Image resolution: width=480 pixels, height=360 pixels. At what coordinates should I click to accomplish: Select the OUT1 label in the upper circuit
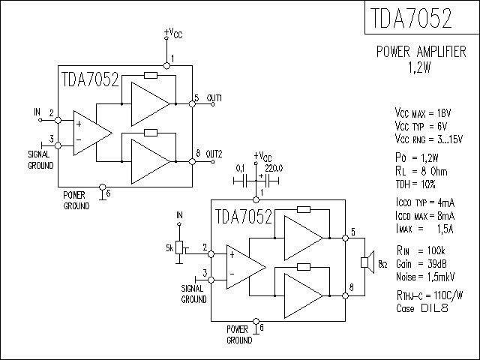(214, 99)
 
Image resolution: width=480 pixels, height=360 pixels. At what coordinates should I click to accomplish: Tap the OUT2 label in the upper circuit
(214, 154)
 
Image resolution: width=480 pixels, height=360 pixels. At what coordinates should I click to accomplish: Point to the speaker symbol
(367, 262)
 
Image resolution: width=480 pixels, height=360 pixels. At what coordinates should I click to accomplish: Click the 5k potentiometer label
(169, 247)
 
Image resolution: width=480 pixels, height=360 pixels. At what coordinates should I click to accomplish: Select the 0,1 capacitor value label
(241, 168)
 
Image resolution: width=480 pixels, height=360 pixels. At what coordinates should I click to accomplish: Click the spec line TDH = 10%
(414, 184)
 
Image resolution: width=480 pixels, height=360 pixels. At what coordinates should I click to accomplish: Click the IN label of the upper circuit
(37, 112)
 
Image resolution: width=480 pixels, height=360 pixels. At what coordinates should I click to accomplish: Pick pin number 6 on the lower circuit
(261, 328)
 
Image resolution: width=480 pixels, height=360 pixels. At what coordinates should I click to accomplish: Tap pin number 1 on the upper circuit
(172, 58)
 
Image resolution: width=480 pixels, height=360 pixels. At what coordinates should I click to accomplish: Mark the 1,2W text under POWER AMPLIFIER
(420, 66)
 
